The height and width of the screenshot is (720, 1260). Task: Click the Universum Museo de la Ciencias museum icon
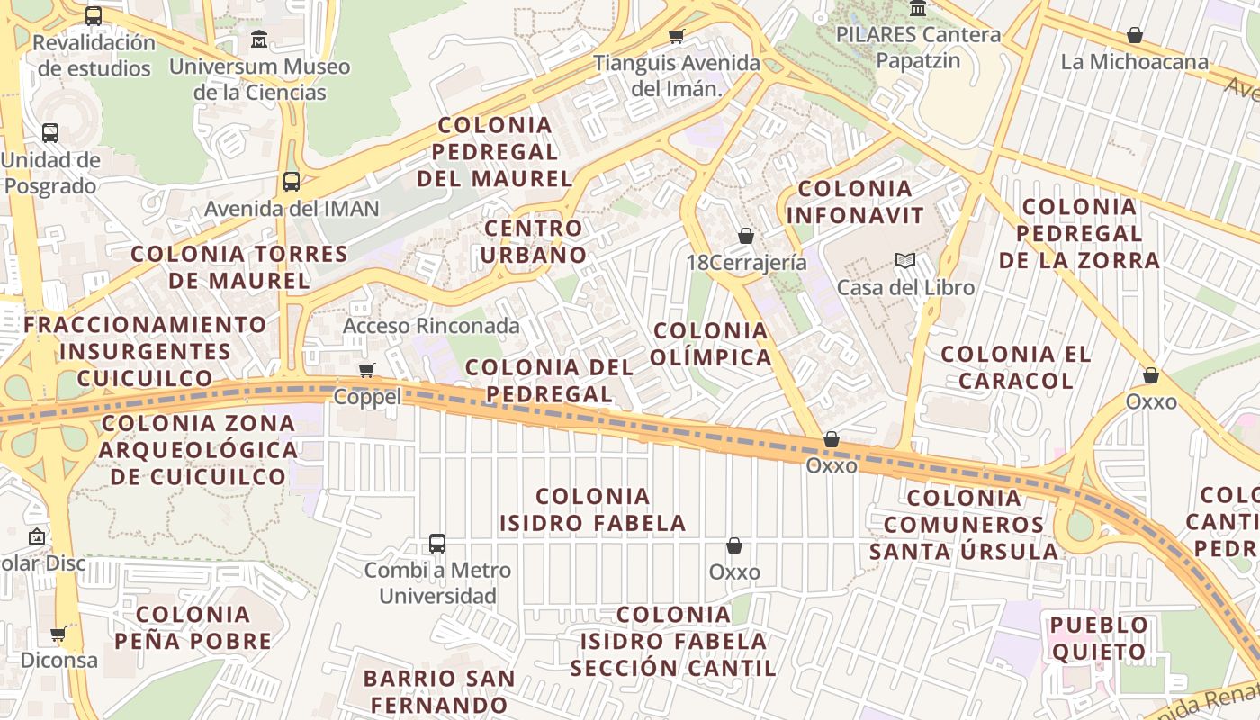[259, 40]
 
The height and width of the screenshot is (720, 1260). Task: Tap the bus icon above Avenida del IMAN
[292, 182]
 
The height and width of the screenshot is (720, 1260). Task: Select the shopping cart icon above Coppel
[367, 371]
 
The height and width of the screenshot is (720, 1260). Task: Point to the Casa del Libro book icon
[905, 261]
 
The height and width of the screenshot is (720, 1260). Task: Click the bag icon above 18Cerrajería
[745, 236]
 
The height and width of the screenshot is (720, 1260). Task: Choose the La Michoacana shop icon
[1135, 36]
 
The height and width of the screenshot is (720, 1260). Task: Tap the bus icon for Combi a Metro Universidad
[437, 544]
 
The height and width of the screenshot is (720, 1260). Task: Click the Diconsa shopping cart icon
[58, 634]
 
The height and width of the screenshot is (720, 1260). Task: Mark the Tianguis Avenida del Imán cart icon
[677, 37]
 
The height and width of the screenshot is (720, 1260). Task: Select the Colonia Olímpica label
[712, 344]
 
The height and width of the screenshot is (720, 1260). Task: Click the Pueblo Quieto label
[1099, 638]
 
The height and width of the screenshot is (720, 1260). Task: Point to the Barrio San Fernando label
[439, 691]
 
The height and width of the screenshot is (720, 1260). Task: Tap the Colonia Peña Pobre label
[193, 627]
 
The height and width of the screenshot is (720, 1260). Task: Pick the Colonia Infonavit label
[855, 202]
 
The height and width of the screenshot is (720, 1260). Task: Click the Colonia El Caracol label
[1016, 367]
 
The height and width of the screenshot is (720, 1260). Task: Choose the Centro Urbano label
[534, 241]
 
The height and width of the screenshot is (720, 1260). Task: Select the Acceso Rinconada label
[431, 326]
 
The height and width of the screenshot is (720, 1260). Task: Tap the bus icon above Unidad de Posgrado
[50, 133]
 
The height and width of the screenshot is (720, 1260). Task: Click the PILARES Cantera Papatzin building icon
[918, 9]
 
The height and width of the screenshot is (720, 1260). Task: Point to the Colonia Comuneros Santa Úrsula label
[964, 524]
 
